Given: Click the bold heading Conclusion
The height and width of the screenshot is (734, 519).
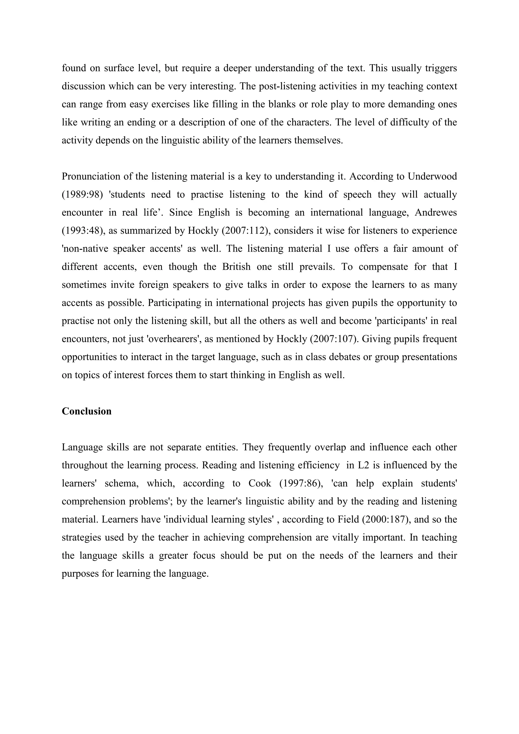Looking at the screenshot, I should click(87, 411).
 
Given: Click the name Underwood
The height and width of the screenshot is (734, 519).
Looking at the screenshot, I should click(432, 176).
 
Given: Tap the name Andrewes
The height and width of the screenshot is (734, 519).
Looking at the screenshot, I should click(436, 213).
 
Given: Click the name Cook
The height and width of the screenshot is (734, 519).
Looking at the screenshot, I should click(260, 483).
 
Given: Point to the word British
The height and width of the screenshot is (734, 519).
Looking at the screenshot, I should click(236, 267).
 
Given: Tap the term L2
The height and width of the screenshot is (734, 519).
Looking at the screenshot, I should click(364, 465).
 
